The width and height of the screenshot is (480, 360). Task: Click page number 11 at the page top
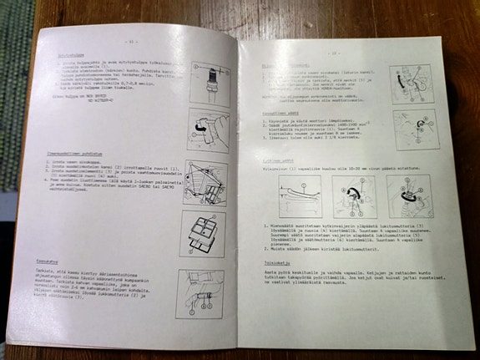click(131, 41)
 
